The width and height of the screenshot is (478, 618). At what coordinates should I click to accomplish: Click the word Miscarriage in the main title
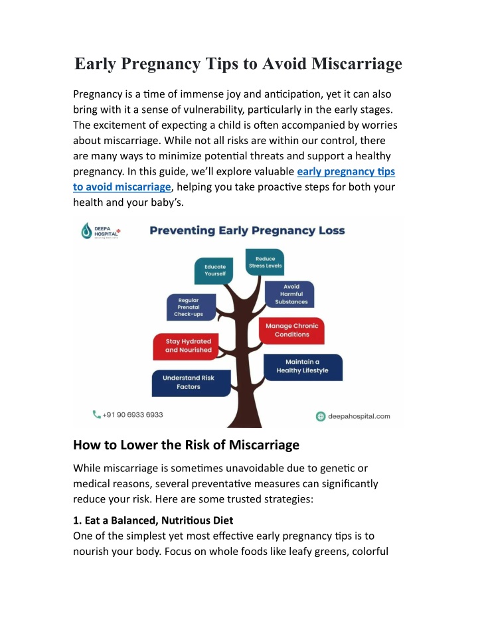pos(357,64)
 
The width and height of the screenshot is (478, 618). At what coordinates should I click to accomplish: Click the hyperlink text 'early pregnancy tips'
pos(346,171)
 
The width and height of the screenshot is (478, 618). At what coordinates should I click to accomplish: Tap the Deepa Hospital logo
pos(101,231)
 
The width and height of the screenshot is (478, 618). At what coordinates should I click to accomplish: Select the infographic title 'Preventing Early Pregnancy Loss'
pos(247,230)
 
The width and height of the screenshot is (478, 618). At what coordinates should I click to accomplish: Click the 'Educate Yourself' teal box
pos(214,271)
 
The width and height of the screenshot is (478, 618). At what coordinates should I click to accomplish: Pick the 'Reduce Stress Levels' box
pos(265,262)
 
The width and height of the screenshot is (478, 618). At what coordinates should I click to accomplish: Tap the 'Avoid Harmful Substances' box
pos(289,294)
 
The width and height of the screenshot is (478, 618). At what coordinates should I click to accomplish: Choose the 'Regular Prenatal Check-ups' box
pos(191,307)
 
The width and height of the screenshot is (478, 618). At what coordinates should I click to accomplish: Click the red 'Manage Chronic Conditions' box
pos(291,331)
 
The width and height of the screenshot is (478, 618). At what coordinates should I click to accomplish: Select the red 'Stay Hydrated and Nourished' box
pos(186,346)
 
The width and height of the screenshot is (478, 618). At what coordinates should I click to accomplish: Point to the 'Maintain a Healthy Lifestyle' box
pos(303,366)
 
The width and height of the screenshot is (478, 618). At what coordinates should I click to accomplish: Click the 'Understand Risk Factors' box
pos(191,383)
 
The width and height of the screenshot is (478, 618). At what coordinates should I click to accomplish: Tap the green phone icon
pos(96,414)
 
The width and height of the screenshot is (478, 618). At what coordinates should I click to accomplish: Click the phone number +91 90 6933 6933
pos(132,415)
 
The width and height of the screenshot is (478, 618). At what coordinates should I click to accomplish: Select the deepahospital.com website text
pos(359,416)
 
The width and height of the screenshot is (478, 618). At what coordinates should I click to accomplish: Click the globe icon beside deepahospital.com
pos(321,416)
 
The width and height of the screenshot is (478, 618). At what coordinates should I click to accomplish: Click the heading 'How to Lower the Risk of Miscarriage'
pos(186,445)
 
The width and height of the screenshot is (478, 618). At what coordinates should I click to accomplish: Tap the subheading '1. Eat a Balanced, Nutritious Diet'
pos(153,520)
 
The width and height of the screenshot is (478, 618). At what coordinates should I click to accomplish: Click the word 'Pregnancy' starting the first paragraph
pos(98,94)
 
